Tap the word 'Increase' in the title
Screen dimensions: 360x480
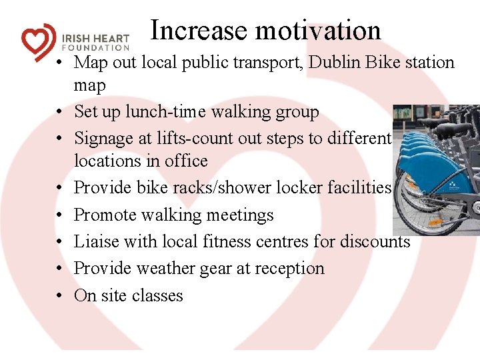click(198, 31)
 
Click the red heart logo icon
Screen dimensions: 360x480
click(39, 41)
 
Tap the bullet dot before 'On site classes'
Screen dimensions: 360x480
click(60, 296)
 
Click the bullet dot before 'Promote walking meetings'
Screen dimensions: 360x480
click(60, 215)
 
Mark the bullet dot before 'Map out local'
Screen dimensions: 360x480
click(60, 63)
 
